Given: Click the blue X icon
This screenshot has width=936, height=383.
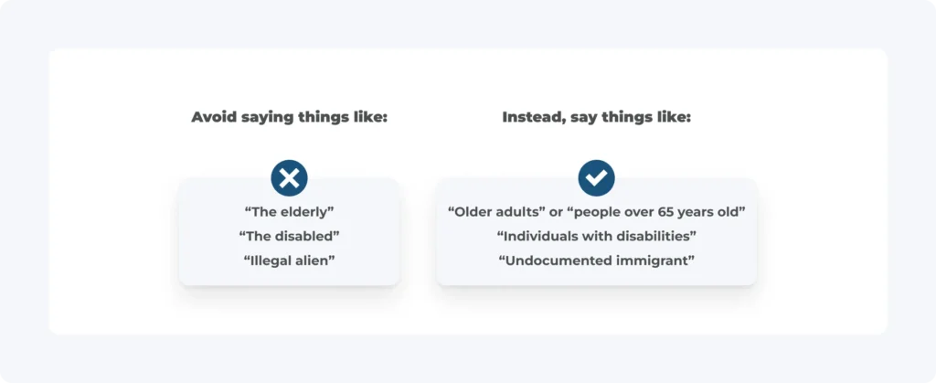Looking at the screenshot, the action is pos(290,177).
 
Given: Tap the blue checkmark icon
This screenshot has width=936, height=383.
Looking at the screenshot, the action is pos(596,177).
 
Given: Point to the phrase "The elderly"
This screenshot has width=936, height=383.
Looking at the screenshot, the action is pos(290,211).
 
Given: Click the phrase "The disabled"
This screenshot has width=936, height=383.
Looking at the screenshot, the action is pos(290,236).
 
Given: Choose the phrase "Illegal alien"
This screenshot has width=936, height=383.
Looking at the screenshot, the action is pos(290,261).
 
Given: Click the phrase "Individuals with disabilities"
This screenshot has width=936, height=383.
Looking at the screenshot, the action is pos(597,236).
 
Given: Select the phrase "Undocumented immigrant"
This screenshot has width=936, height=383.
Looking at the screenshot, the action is pos(597,261).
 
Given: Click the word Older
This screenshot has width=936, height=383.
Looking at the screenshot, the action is pos(473,211).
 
